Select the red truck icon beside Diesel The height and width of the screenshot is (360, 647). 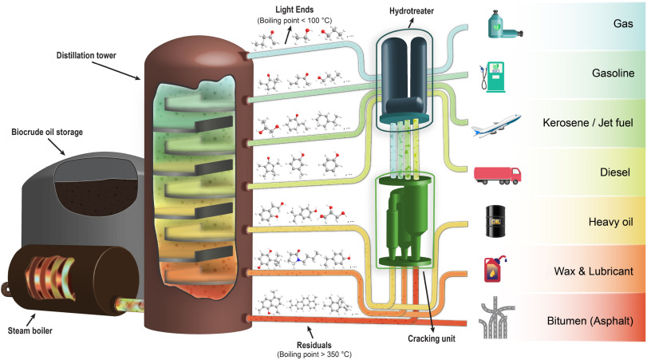click(x=497, y=173)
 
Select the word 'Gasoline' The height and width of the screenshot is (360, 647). click(x=610, y=73)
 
